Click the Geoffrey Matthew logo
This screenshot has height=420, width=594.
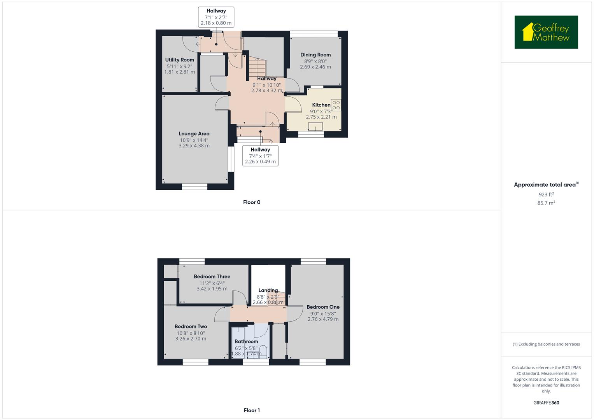[546, 32]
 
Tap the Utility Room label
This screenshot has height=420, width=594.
[179, 60]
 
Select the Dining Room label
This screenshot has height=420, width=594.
[315, 55]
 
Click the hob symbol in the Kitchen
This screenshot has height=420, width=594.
[336, 105]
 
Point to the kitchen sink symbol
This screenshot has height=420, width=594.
[315, 126]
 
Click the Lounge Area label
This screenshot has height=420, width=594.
[194, 134]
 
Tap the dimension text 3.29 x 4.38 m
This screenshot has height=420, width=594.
[194, 146]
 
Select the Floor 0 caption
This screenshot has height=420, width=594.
[252, 202]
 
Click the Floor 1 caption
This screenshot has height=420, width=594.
[252, 410]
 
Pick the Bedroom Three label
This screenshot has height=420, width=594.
[212, 277]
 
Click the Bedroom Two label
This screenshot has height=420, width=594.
[191, 327]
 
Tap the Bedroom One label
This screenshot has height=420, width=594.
[323, 307]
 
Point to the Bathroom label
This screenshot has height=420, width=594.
[246, 341]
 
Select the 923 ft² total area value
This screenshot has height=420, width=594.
[546, 194]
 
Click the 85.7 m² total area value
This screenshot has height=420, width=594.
[546, 203]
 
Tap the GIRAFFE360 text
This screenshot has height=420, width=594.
[546, 403]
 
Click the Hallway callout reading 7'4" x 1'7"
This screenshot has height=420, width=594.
[260, 156]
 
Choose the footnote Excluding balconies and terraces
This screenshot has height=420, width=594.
[546, 344]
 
